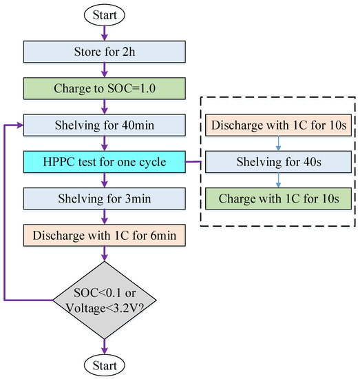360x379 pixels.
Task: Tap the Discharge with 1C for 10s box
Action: click(x=278, y=127)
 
